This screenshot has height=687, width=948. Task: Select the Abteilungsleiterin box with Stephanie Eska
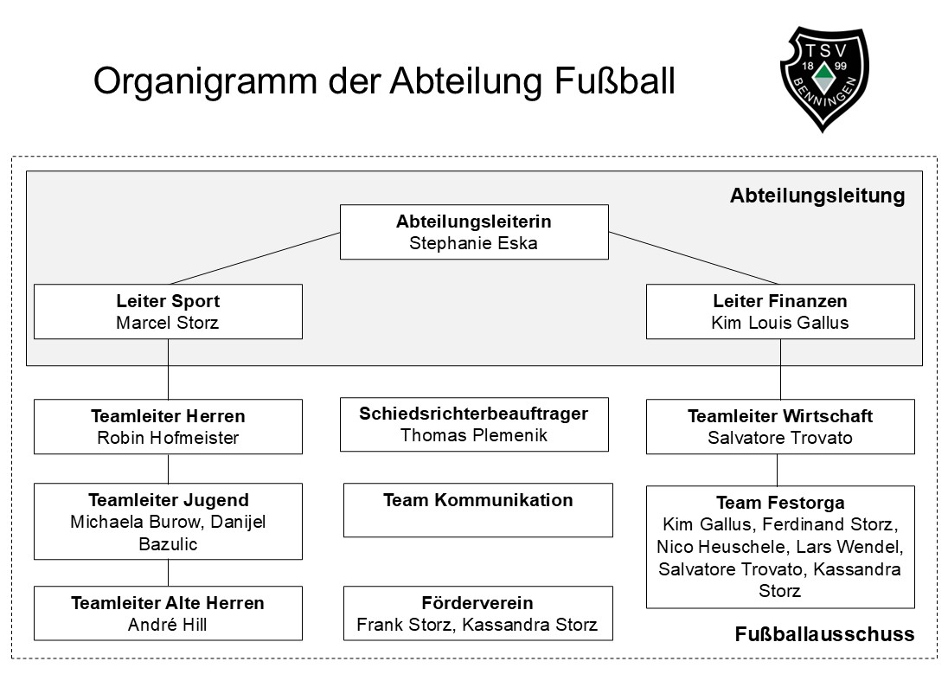[x=473, y=232]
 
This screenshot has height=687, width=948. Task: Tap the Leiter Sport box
[x=168, y=311]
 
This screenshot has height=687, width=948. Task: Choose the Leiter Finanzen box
[x=779, y=311]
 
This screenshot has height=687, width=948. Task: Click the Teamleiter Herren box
[x=168, y=427]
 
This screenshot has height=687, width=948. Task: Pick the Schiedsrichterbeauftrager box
[x=473, y=424]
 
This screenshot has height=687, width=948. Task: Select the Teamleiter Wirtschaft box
[x=779, y=427]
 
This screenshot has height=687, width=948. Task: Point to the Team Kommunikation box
[x=477, y=510]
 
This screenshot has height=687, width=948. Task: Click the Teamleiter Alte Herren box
[x=168, y=613]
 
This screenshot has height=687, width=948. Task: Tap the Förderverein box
[x=477, y=613]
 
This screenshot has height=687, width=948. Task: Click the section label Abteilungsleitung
[x=817, y=196]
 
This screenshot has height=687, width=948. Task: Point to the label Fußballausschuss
[x=823, y=634]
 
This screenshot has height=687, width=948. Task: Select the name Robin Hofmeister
[x=168, y=438]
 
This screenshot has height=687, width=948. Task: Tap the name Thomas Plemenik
[x=473, y=435]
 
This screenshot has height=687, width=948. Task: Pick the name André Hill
[x=168, y=625]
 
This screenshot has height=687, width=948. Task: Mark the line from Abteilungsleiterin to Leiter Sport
[x=255, y=258]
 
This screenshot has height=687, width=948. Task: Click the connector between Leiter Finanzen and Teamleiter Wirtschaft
[x=780, y=369]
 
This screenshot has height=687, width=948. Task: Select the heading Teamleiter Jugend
[x=168, y=500]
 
